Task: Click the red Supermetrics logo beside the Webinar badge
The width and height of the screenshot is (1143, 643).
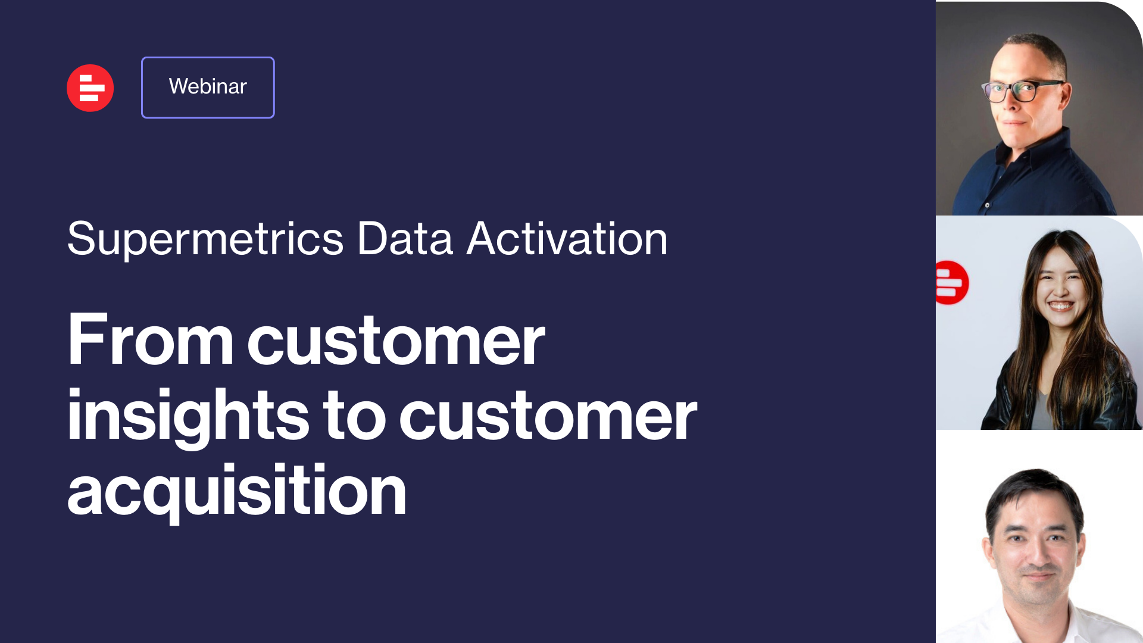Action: click(x=90, y=88)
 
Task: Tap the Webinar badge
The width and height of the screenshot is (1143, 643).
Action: click(x=208, y=88)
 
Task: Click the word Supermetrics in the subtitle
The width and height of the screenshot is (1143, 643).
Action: click(x=205, y=239)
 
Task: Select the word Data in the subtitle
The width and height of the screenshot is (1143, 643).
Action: click(x=405, y=239)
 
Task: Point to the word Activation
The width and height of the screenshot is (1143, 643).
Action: click(x=567, y=239)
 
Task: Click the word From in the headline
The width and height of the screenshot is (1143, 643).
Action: click(x=150, y=339)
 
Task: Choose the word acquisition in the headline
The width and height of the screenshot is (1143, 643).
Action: click(x=237, y=491)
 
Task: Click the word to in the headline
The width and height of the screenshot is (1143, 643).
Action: click(x=354, y=415)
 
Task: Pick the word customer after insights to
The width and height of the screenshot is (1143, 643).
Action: click(x=548, y=416)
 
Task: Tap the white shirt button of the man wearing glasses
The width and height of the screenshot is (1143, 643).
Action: click(x=987, y=205)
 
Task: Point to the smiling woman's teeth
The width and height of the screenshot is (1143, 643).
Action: click(x=1060, y=306)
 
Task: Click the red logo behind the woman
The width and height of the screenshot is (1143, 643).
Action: click(x=952, y=283)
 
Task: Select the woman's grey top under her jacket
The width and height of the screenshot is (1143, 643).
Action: click(x=1042, y=411)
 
